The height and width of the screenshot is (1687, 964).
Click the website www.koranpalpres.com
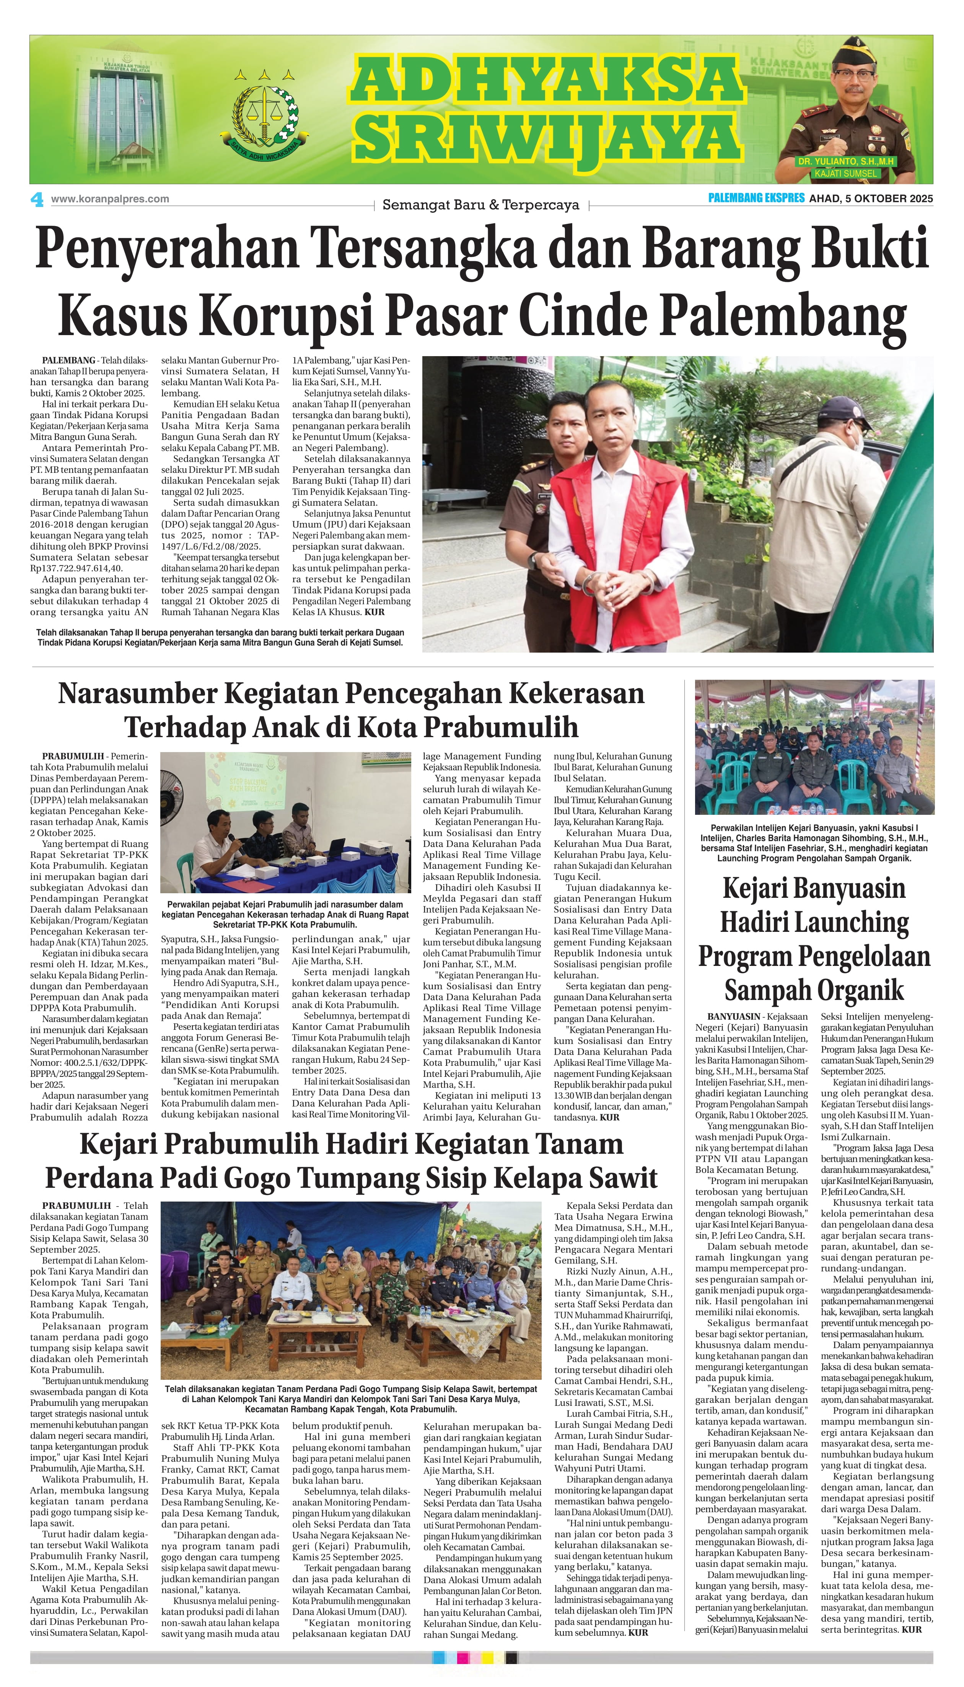click(110, 199)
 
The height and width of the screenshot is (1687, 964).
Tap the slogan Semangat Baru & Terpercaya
click(481, 205)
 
